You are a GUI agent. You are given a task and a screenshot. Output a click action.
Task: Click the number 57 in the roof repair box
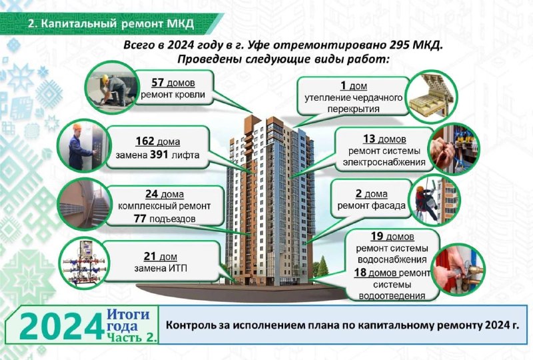158,83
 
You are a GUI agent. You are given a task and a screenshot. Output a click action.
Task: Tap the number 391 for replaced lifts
159,155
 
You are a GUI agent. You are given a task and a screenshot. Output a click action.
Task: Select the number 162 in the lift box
145,141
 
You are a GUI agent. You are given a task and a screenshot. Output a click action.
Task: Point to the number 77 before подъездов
140,219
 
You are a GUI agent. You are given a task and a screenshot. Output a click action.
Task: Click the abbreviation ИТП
178,268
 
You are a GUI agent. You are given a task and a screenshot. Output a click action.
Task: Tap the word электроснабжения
384,162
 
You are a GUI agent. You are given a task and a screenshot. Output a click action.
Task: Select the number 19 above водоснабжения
377,236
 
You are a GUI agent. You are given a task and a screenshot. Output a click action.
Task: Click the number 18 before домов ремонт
360,273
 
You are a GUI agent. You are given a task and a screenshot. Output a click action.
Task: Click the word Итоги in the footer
128,314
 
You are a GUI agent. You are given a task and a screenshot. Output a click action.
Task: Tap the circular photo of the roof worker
111,87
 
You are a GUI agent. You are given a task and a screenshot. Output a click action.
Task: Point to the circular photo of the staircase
84,204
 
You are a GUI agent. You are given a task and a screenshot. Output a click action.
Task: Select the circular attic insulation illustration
432,97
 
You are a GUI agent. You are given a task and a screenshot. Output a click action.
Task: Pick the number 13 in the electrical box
369,139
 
